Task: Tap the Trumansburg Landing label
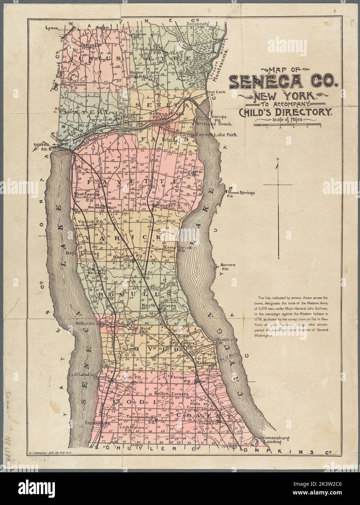[272, 440]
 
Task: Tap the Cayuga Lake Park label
[217, 135]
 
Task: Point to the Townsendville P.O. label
[142, 418]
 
